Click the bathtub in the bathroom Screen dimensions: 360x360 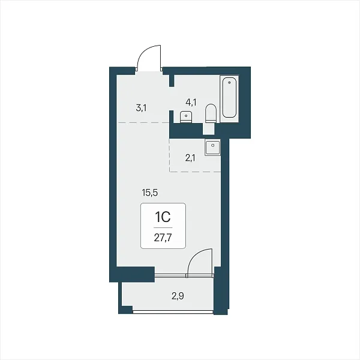point(229,98)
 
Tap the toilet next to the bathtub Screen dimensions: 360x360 point(211,113)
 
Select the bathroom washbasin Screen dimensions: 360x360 point(186,117)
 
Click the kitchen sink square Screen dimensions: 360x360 point(212,148)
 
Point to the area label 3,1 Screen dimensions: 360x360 point(141,107)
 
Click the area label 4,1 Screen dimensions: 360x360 point(191,102)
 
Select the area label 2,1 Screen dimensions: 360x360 point(190,158)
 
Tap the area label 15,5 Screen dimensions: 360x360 point(150,193)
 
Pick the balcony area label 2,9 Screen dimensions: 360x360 point(178,296)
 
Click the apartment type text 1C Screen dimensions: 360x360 point(163,217)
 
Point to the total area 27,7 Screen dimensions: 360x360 point(163,238)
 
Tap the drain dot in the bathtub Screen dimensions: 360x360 point(229,82)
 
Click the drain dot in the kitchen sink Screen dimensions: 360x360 point(213,145)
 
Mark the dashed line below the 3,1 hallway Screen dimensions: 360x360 point(143,123)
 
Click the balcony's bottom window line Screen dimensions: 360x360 point(173,311)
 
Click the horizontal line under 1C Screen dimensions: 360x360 point(163,228)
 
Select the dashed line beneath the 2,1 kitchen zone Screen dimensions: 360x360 point(195,172)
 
